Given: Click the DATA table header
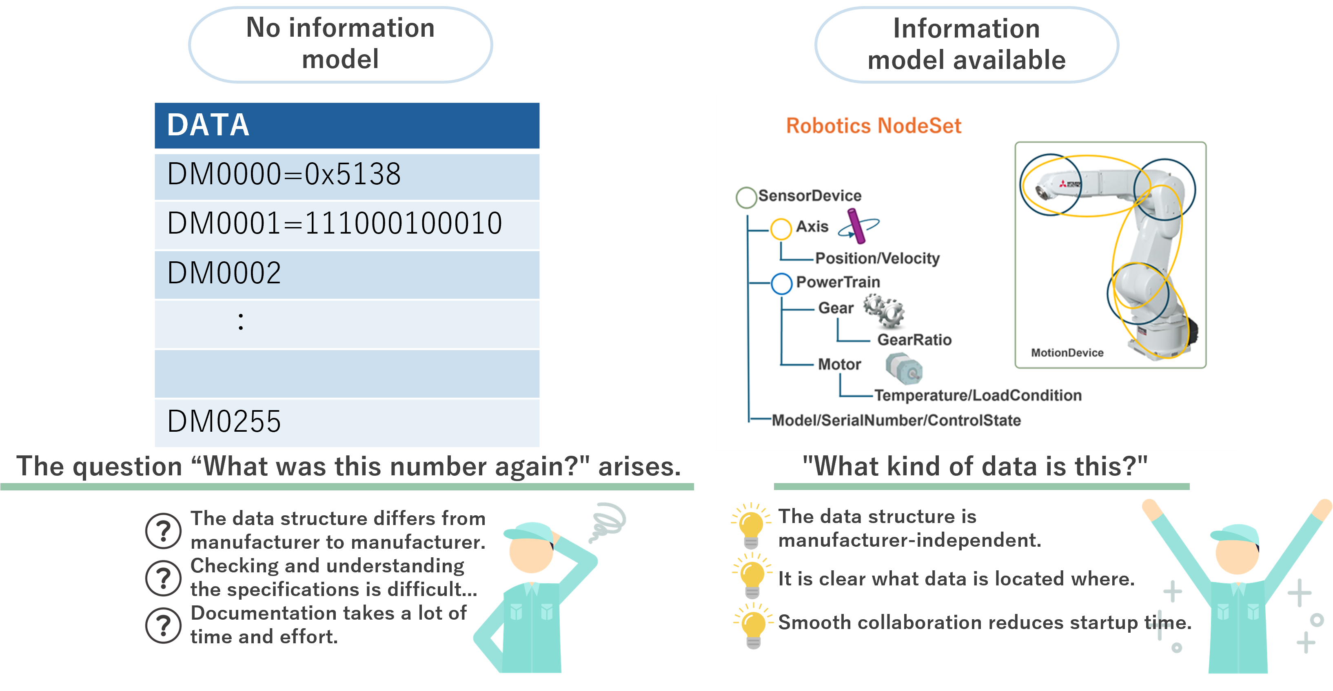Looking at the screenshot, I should (x=347, y=125).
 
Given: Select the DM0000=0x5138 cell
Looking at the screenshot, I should (x=347, y=175).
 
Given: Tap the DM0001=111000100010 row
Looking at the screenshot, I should (x=347, y=224).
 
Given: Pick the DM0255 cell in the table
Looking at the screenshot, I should (x=347, y=422).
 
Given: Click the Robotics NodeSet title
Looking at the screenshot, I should (x=874, y=126).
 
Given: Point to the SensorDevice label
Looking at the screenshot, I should (x=810, y=196).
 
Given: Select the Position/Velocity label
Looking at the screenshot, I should (x=877, y=258).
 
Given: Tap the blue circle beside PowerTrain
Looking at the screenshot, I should (x=781, y=283).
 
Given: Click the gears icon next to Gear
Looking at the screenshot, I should (x=884, y=310).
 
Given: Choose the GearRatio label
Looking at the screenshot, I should (x=914, y=340).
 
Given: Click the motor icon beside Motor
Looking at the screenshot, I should (x=903, y=368).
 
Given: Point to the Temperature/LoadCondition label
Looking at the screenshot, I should (x=978, y=396).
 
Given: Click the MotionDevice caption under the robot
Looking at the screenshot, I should (x=1067, y=353).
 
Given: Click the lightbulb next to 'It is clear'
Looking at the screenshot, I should (x=752, y=575).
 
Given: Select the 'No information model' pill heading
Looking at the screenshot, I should (x=341, y=44).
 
